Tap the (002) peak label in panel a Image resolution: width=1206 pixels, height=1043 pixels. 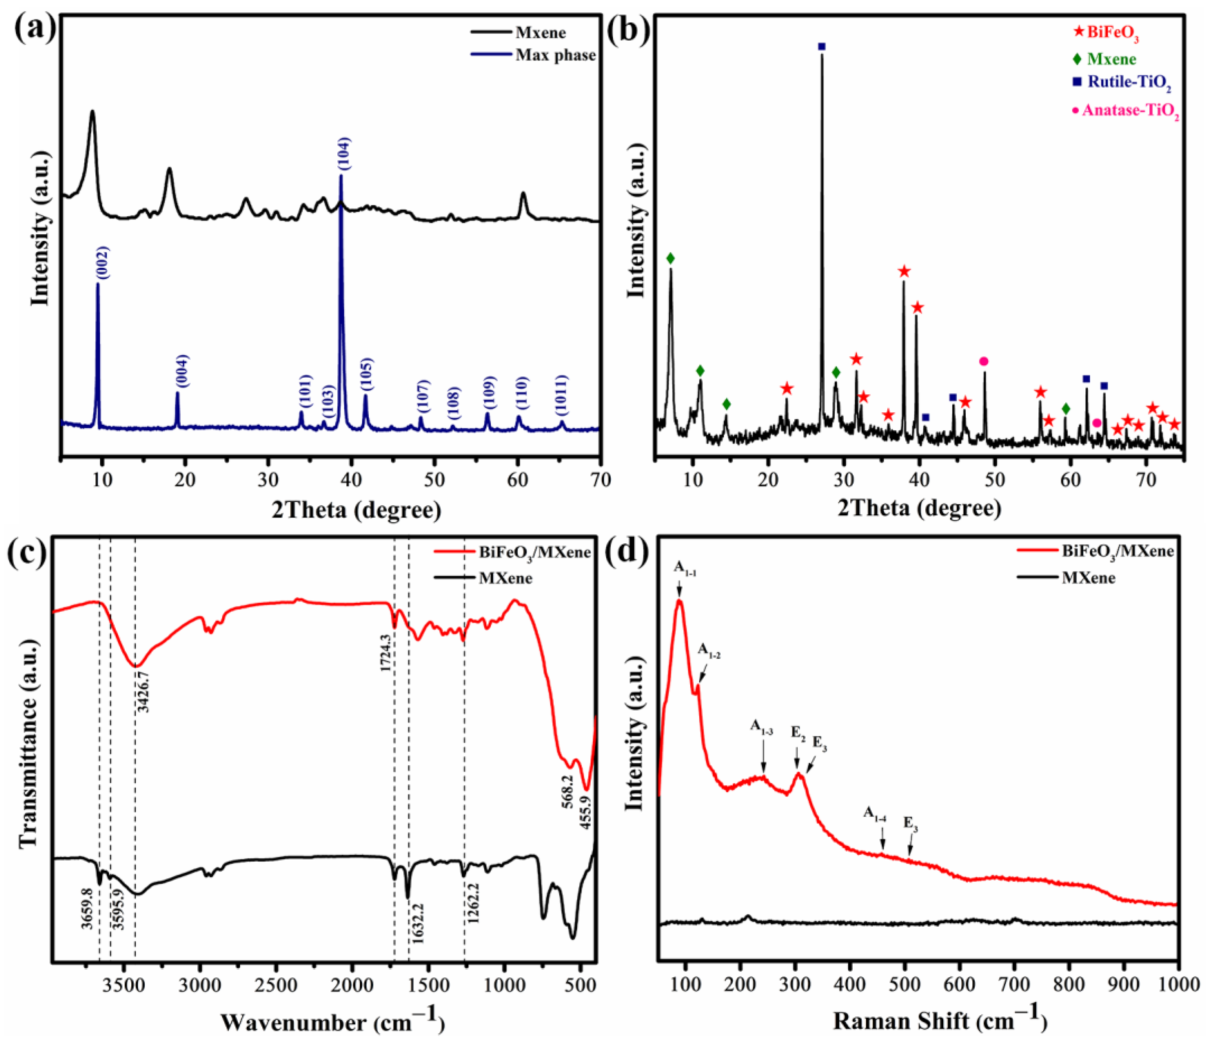(103, 264)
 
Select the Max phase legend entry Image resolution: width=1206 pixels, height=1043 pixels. (555, 55)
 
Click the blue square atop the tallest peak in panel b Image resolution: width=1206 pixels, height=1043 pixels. (821, 47)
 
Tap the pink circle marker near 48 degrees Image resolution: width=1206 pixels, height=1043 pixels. (984, 362)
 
